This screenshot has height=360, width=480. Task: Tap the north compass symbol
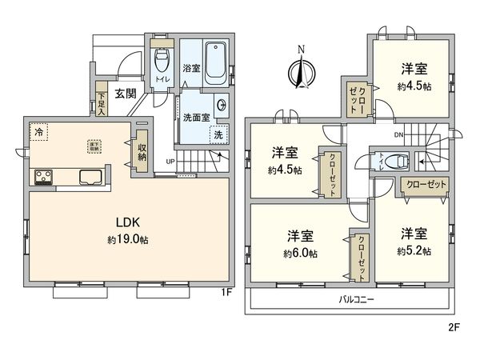pyautogui.click(x=301, y=74)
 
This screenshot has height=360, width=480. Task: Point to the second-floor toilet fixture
pyautogui.click(x=392, y=161)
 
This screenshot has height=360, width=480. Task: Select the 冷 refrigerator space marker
pyautogui.click(x=38, y=129)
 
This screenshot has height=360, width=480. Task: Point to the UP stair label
pyautogui.click(x=170, y=162)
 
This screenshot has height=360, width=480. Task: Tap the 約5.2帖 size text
pyautogui.click(x=414, y=250)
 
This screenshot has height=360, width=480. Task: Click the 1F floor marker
pyautogui.click(x=226, y=292)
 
